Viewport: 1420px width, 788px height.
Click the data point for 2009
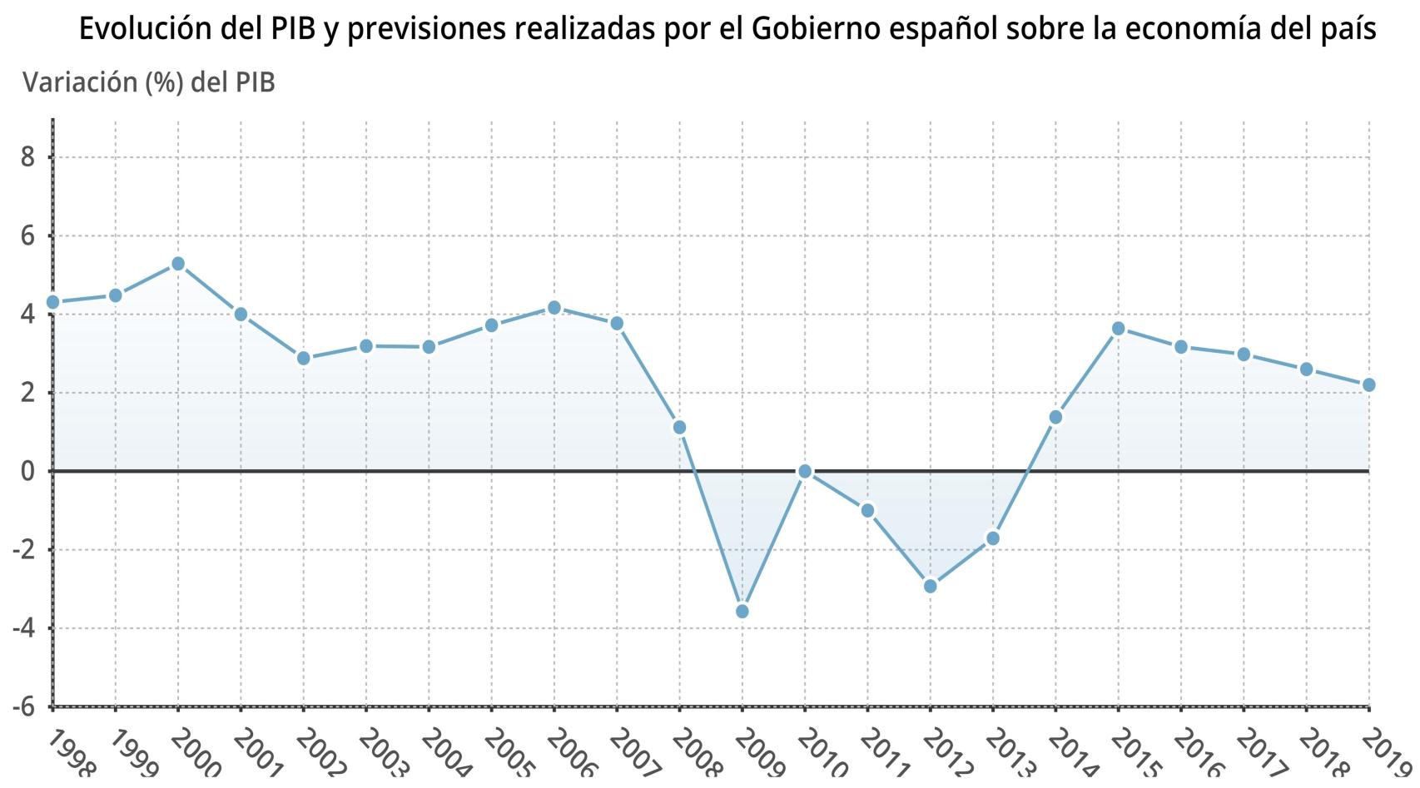742,612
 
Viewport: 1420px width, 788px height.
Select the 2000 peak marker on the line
178,264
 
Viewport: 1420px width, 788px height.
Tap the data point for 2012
931,587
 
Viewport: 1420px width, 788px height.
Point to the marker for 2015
1119,329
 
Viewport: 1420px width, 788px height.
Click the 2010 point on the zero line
805,471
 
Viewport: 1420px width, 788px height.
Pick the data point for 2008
679,428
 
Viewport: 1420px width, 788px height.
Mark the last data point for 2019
1368,385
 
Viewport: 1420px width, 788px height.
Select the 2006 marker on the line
554,308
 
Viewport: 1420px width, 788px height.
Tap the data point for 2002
304,359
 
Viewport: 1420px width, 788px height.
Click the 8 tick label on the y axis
27,157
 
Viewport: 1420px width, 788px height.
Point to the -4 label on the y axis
23,628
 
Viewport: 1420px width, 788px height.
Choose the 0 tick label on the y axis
27,472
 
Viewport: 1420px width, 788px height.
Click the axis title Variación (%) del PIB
149,82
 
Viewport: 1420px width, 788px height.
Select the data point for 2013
992,539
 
